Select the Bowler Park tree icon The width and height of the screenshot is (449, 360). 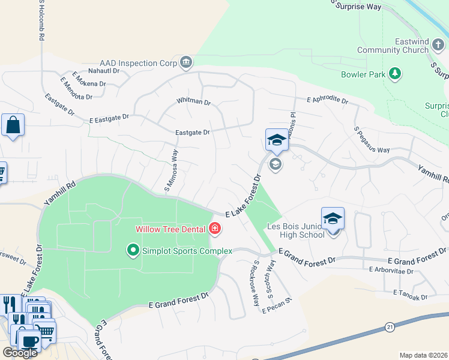tap(395, 74)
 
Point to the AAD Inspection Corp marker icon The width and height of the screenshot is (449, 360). tap(186, 62)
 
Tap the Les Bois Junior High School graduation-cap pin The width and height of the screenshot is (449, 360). tap(333, 219)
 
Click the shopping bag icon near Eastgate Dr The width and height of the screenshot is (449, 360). tap(13, 126)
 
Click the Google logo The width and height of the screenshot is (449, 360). tap(20, 353)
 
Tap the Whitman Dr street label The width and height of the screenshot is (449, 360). tap(193, 102)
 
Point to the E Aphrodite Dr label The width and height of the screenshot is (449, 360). tap(327, 100)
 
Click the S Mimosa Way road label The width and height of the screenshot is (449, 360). tap(171, 172)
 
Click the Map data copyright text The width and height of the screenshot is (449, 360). tap(424, 355)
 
